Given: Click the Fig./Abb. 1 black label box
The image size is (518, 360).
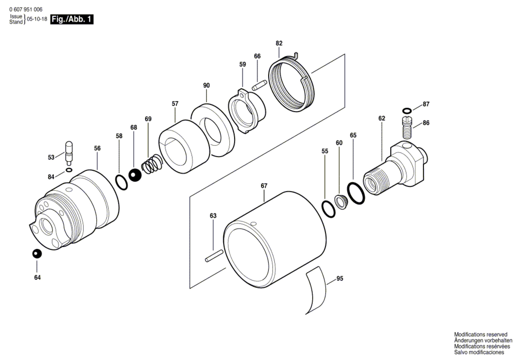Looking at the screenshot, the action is (x=72, y=19).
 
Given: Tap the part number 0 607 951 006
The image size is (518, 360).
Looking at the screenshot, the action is (x=26, y=10).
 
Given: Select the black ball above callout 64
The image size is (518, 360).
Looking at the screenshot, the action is (x=37, y=254).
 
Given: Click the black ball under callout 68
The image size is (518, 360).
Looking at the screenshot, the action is (x=135, y=175).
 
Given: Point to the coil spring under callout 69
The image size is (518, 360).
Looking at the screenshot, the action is (x=152, y=164).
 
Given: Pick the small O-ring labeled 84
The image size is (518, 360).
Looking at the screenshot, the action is (x=69, y=170).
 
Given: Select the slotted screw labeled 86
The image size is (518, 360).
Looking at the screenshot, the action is (x=407, y=127).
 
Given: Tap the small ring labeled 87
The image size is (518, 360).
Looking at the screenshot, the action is (x=407, y=110).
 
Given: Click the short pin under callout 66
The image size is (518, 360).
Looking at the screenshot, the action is (x=259, y=85).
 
